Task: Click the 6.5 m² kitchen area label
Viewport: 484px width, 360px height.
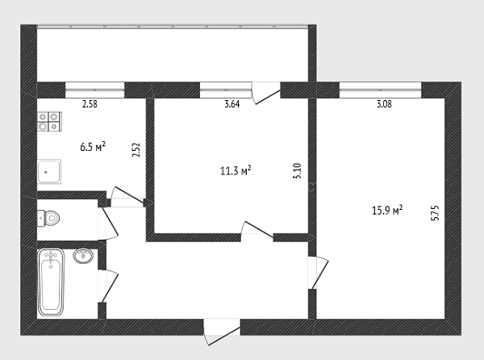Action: (93, 146)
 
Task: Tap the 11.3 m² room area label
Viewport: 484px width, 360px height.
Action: (236, 170)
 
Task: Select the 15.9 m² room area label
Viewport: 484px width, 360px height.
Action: (387, 210)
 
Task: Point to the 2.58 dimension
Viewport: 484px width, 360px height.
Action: (90, 104)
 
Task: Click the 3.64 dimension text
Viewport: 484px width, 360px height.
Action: (232, 104)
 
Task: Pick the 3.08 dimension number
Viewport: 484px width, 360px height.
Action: (384, 104)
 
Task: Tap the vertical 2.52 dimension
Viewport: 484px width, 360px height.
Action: (136, 150)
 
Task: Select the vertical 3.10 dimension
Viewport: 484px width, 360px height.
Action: (297, 171)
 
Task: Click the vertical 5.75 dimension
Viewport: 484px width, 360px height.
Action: (435, 213)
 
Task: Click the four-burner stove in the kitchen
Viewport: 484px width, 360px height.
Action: (49, 121)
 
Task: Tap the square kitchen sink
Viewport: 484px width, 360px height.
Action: (49, 172)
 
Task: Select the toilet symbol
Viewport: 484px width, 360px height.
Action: (48, 219)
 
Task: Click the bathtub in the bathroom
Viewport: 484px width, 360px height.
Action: (51, 283)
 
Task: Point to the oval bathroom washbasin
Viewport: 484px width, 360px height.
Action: (83, 256)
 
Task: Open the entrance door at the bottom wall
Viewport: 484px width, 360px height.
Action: (222, 332)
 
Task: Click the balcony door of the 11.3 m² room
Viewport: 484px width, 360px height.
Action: (265, 93)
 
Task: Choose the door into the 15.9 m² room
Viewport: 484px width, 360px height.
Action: (318, 273)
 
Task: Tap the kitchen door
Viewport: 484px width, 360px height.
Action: (127, 197)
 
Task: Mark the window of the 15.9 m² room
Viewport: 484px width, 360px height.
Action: (380, 90)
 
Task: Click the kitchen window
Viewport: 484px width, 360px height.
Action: (94, 90)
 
